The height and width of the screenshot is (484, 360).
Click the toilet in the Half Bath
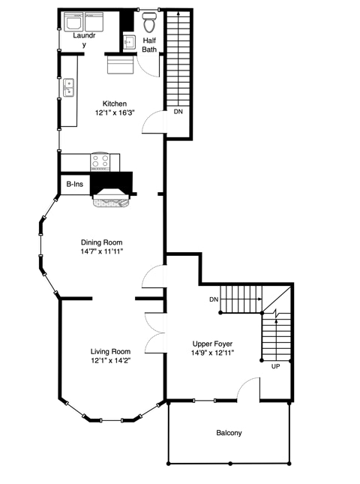click(x=149, y=23)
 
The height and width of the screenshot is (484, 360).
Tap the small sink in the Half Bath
click(x=130, y=42)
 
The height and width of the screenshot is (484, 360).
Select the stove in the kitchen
click(x=100, y=161)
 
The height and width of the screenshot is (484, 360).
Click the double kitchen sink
click(x=68, y=88)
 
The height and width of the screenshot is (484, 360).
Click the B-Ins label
click(x=75, y=185)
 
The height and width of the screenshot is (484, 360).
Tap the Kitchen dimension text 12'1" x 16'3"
click(x=115, y=113)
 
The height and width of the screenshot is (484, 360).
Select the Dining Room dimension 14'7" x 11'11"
click(x=102, y=251)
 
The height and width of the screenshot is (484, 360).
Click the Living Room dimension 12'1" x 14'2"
click(x=111, y=360)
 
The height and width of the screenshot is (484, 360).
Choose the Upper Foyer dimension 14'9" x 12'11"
click(x=212, y=353)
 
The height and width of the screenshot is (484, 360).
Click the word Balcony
click(x=229, y=433)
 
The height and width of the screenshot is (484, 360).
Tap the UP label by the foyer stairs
click(x=275, y=366)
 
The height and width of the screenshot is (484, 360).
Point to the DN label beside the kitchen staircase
click(x=178, y=112)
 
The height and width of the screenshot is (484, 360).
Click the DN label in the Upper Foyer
click(x=214, y=299)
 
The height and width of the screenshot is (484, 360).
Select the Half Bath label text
click(x=149, y=45)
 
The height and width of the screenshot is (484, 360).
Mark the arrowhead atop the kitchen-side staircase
click(x=178, y=13)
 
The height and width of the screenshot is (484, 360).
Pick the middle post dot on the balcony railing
click(x=230, y=464)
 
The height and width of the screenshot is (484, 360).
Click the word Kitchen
click(x=115, y=104)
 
